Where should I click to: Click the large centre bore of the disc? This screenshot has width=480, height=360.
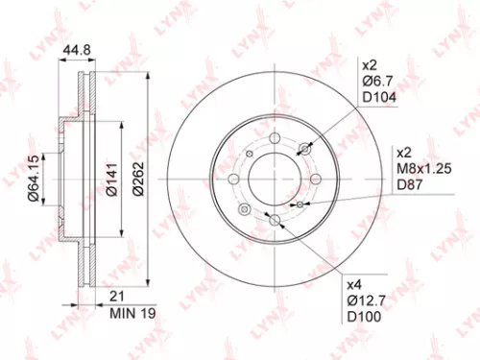[x=275, y=180]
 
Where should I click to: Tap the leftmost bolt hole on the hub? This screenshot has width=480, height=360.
[x=234, y=180]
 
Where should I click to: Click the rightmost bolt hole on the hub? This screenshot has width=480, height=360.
[x=316, y=180]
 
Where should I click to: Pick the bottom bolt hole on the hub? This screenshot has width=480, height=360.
[x=275, y=221]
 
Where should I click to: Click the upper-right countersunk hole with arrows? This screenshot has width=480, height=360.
[x=306, y=148]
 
